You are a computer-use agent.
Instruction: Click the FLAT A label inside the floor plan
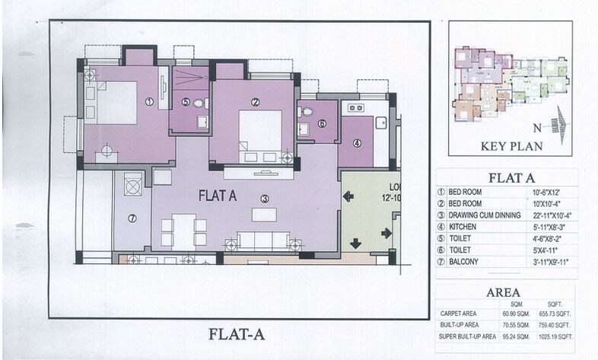pyautogui.click(x=218, y=196)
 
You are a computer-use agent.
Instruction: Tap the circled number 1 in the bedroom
pyautogui.click(x=149, y=101)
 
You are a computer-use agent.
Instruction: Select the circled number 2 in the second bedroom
pyautogui.click(x=256, y=102)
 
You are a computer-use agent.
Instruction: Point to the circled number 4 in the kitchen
pyautogui.click(x=356, y=142)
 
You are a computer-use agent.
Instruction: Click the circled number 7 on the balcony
pyautogui.click(x=132, y=218)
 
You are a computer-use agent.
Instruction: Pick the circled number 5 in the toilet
pyautogui.click(x=186, y=102)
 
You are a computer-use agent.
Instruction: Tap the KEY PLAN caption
pyautogui.click(x=510, y=146)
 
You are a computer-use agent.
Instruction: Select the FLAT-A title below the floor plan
pyautogui.click(x=237, y=333)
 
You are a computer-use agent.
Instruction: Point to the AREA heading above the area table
pyautogui.click(x=503, y=292)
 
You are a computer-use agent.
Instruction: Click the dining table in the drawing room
pyautogui.click(x=183, y=231)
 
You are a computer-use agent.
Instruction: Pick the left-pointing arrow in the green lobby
pyautogui.click(x=348, y=197)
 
